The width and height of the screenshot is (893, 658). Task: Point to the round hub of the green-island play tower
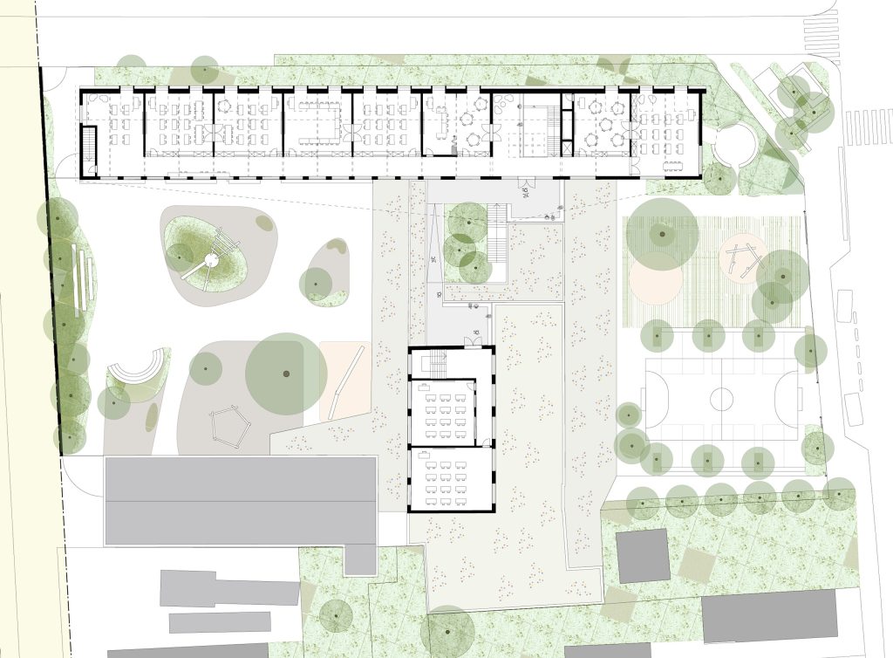pos(210,258)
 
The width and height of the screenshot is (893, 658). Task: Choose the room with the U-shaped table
pos(316,122)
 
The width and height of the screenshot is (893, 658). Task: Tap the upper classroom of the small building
pos(443,412)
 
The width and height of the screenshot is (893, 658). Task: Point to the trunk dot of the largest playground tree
pos(285,374)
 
